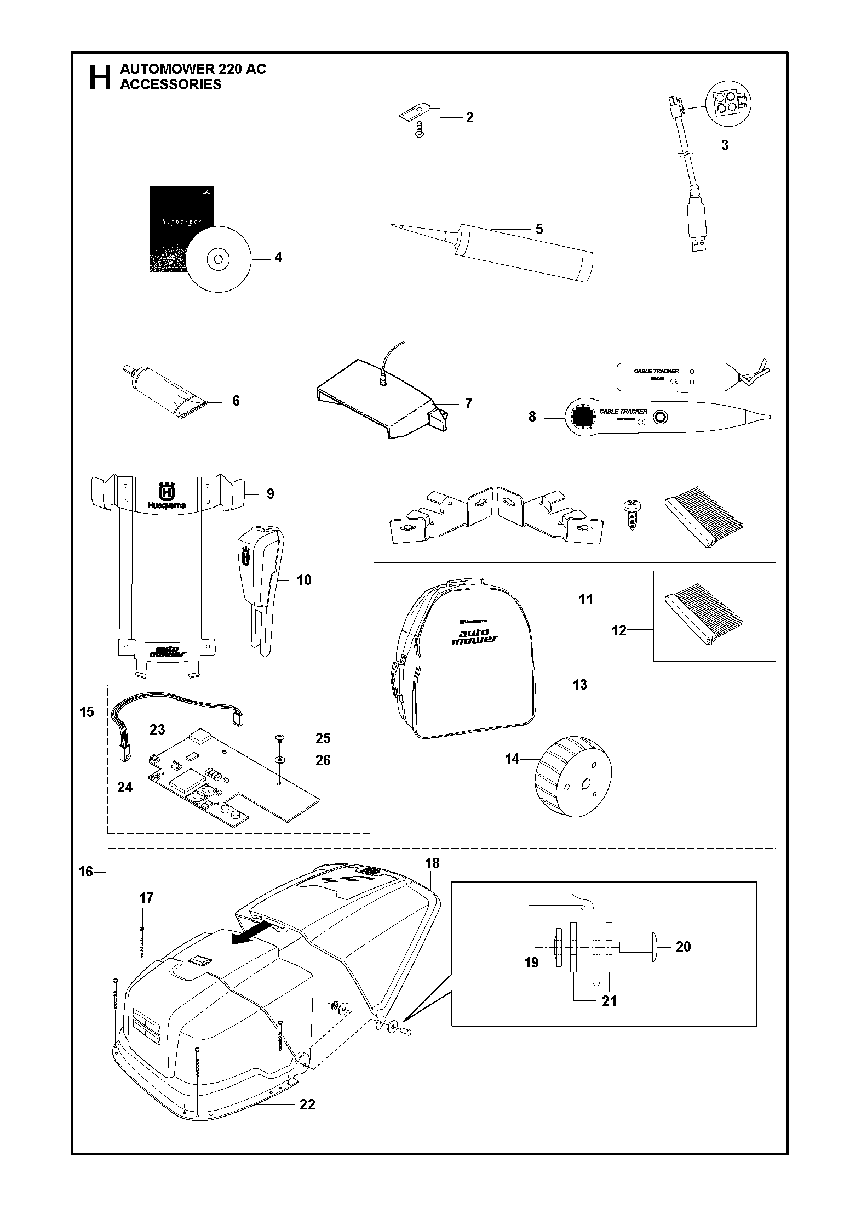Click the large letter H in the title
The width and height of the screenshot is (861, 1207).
(x=100, y=78)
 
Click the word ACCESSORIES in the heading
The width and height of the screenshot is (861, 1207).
(x=170, y=84)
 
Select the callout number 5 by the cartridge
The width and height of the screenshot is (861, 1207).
(x=539, y=229)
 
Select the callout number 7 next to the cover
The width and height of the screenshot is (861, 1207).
(x=468, y=403)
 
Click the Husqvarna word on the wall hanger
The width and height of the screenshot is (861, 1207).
(x=166, y=505)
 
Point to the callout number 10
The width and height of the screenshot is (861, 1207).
(x=303, y=580)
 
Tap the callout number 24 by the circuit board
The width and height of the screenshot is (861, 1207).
(x=125, y=787)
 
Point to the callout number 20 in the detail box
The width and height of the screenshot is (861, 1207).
(x=683, y=947)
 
